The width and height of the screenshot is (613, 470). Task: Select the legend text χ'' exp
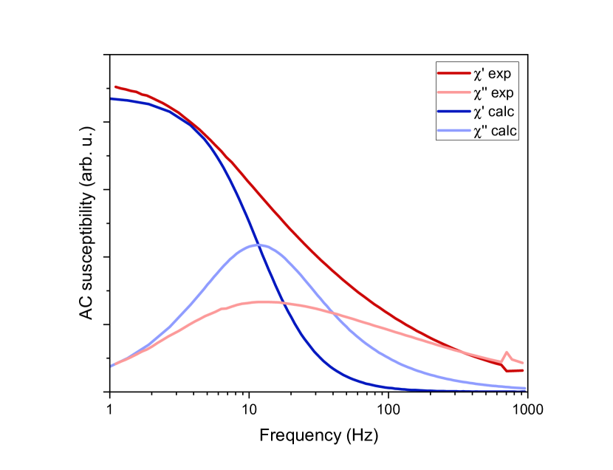coord(493,93)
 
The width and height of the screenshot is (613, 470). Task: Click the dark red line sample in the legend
coord(453,74)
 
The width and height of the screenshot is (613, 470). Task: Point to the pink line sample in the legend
coord(453,93)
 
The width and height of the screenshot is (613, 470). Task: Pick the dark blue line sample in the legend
coord(453,112)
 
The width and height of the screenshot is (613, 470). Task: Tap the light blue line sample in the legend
coord(453,131)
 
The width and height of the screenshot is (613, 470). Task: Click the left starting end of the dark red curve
coord(115,86)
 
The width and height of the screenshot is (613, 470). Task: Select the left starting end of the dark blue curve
coord(112,98)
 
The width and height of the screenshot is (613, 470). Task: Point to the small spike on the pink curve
coord(507,353)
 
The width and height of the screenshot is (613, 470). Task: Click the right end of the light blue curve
coord(525,388)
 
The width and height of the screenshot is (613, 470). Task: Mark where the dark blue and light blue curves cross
coord(262,245)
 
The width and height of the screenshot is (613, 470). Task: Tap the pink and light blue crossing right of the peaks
coord(334,314)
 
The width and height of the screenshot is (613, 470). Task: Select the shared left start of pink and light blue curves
coord(112,365)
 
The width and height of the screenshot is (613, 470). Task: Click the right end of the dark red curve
coord(523,370)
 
